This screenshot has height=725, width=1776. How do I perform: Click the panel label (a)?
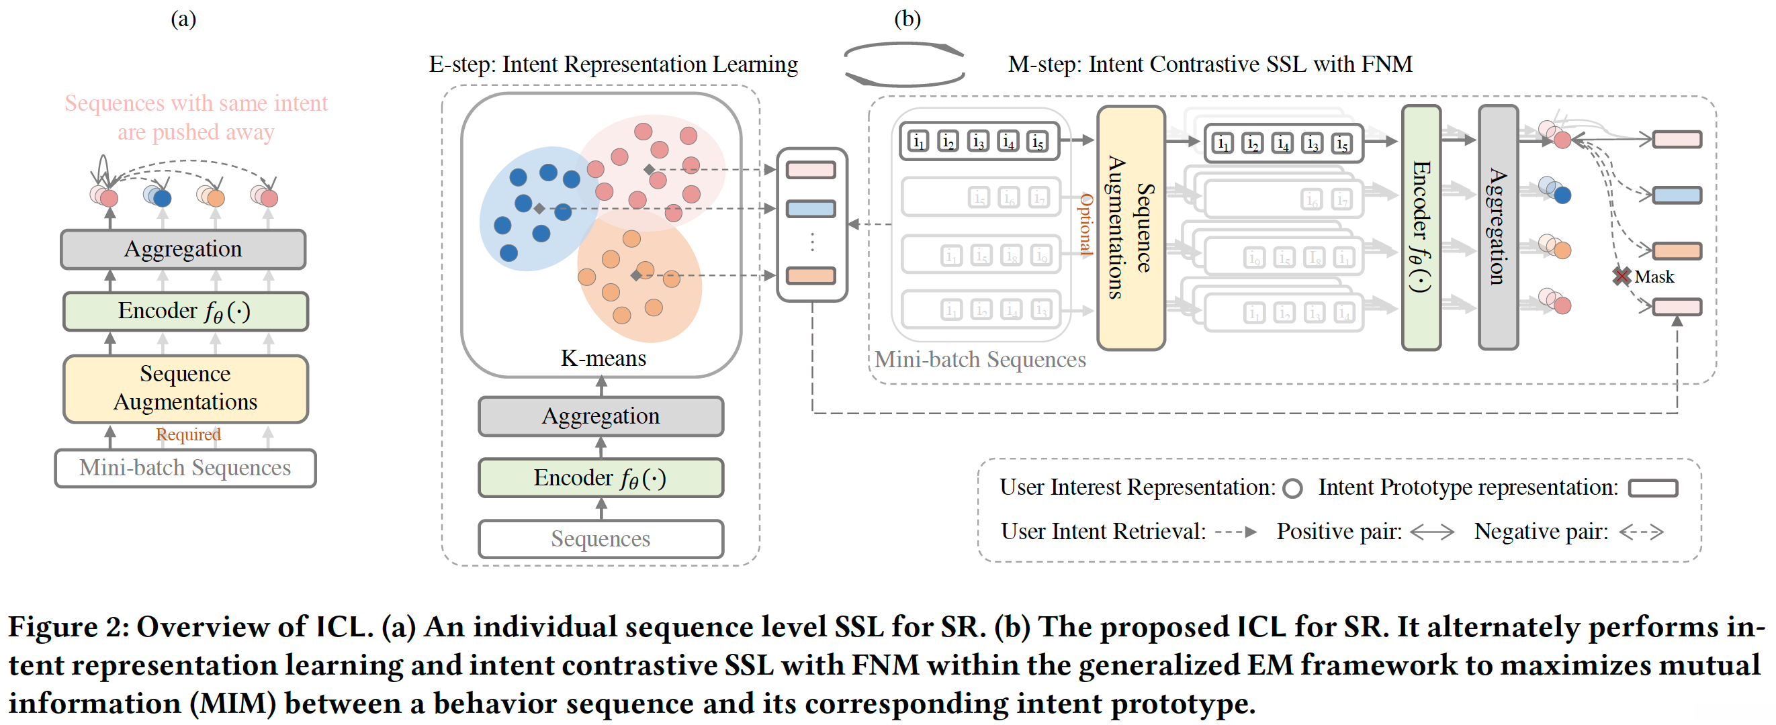point(183,19)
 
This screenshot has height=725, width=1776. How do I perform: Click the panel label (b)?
point(907,19)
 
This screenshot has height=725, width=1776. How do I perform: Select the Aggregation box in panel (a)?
point(183,249)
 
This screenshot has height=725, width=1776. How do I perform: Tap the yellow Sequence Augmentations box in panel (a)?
point(185,388)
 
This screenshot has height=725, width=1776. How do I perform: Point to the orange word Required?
point(188,435)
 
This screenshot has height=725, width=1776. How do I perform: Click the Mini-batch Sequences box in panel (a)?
point(185,468)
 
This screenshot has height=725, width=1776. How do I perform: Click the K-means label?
point(603,358)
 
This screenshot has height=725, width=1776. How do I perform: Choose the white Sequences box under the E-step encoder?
point(601,538)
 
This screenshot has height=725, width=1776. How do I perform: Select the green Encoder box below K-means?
point(601,477)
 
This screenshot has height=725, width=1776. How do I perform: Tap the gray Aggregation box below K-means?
point(601,416)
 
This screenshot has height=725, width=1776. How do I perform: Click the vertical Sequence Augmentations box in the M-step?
point(1130,228)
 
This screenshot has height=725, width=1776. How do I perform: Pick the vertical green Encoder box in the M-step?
point(1421,228)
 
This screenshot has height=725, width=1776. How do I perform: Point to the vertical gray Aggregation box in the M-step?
point(1497,228)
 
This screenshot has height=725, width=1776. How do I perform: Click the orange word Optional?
point(1086,225)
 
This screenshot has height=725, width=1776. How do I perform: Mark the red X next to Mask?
point(1622,277)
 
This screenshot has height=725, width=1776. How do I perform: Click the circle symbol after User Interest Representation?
point(1292,489)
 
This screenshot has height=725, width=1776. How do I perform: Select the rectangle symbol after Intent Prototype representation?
point(1652,489)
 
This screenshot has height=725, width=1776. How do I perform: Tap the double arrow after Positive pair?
point(1432,532)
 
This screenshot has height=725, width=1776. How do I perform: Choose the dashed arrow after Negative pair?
point(1641,532)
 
